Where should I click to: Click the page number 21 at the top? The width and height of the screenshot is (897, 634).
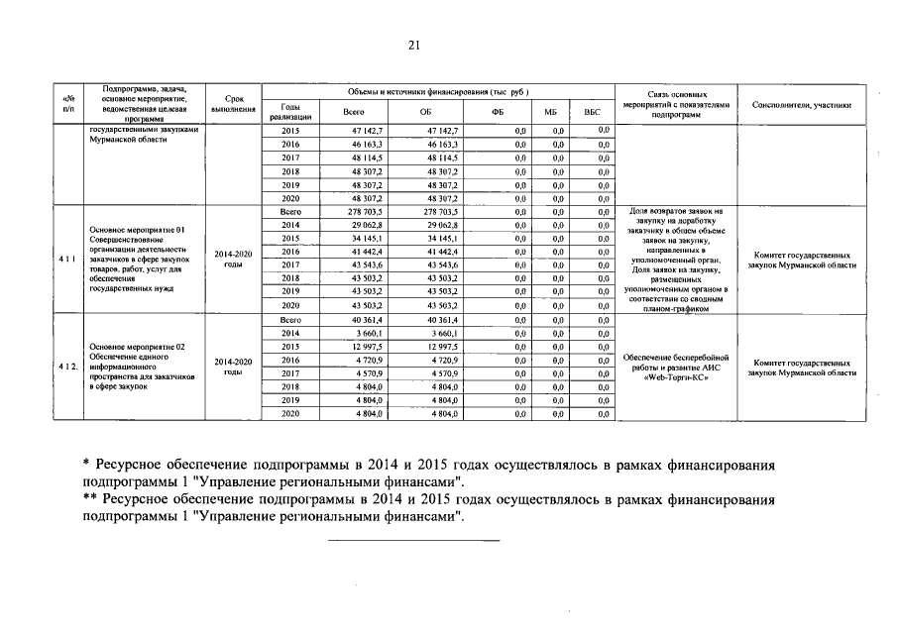click(x=414, y=44)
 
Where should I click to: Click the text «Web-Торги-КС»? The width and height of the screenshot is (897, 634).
click(x=679, y=378)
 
